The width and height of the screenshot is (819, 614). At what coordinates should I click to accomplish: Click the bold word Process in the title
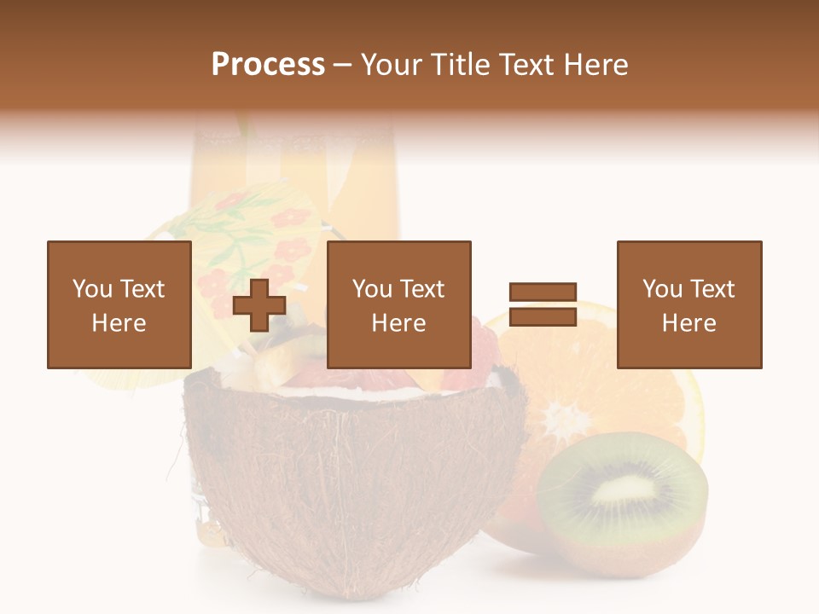tap(268, 65)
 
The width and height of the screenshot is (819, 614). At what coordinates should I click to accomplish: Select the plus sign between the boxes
tap(259, 305)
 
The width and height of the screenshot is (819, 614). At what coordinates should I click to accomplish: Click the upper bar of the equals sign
tap(543, 293)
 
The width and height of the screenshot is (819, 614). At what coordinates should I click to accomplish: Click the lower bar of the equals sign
tap(543, 317)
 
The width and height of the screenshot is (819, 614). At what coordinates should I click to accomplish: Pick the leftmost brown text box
tap(119, 304)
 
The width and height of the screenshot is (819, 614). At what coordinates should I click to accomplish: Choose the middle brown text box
tap(398, 304)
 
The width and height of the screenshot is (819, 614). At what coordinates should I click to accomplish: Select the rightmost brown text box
tap(688, 304)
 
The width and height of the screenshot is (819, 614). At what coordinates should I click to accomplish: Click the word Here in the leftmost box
tap(119, 323)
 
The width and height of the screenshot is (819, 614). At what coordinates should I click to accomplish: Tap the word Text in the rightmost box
tap(712, 289)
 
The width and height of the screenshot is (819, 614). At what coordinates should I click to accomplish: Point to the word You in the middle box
tap(372, 289)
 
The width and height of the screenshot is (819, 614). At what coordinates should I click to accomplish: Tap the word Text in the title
tap(525, 65)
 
